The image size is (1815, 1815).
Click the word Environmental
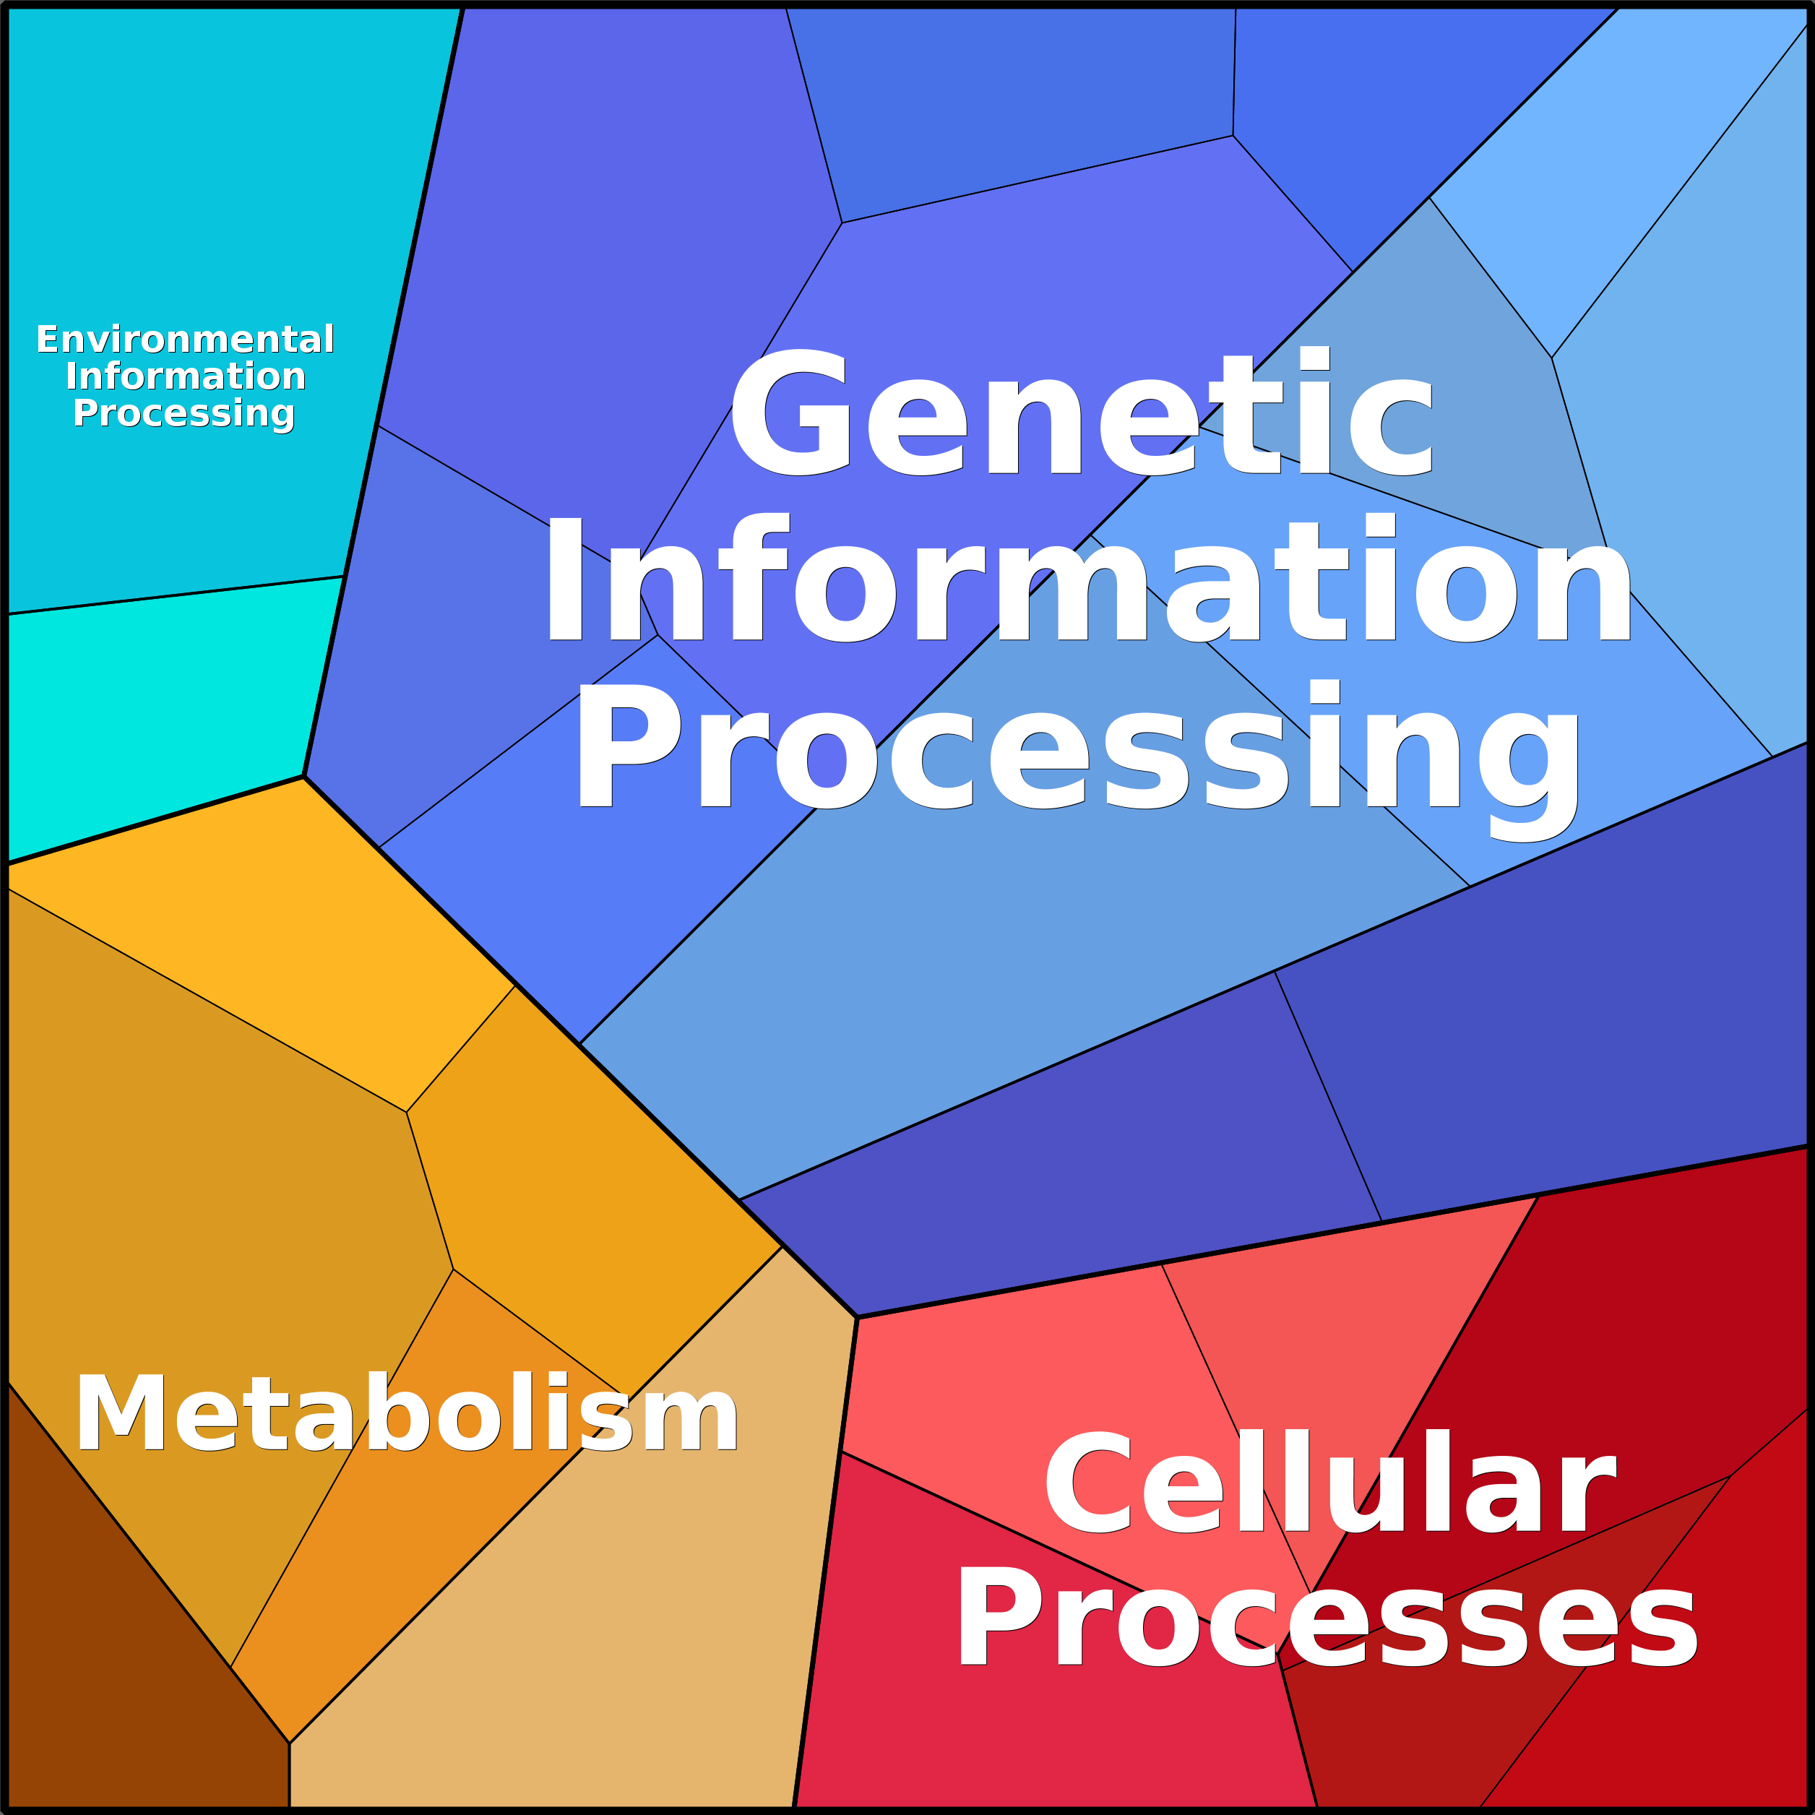click(185, 339)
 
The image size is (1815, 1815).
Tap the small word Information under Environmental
click(185, 376)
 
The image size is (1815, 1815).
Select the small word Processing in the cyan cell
click(184, 414)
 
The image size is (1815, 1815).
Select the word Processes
click(1327, 1618)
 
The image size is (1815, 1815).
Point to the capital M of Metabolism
click(120, 1412)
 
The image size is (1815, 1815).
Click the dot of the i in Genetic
click(1315, 359)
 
